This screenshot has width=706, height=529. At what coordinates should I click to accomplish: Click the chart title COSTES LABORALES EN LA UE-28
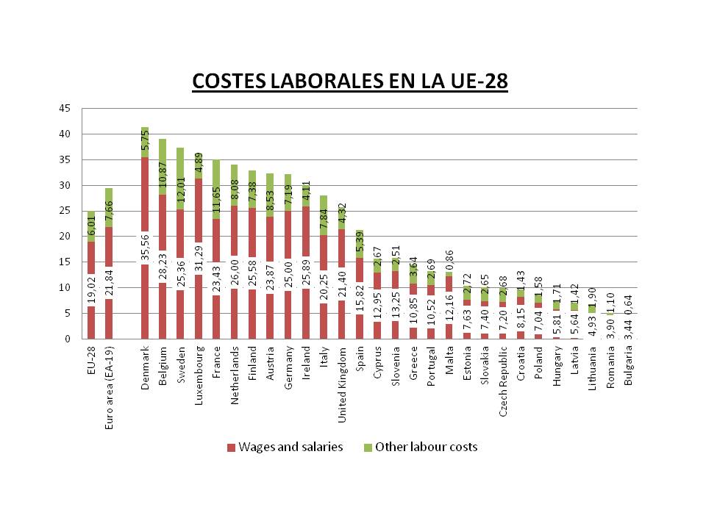pyautogui.click(x=349, y=81)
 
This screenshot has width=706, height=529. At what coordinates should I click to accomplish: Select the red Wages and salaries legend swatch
pyautogui.click(x=231, y=447)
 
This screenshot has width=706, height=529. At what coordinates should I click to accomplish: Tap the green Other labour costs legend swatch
pyautogui.click(x=367, y=447)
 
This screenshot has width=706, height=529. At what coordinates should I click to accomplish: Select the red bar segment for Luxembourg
pyautogui.click(x=199, y=213)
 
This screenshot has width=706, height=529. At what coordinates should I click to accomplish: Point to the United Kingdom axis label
pyautogui.click(x=342, y=383)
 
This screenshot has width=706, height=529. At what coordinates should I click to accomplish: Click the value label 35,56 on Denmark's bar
pyautogui.click(x=145, y=247)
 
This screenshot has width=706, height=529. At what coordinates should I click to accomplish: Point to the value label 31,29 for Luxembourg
pyautogui.click(x=199, y=257)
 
